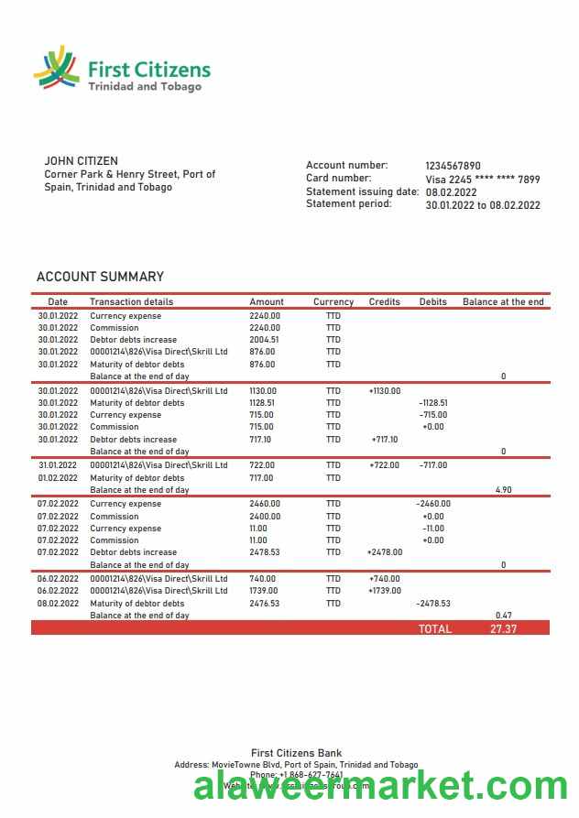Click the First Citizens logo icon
pyautogui.click(x=56, y=70)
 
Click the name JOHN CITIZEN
pyautogui.click(x=82, y=161)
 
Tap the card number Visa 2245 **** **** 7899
pyautogui.click(x=482, y=180)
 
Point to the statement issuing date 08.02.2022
pyautogui.click(x=451, y=192)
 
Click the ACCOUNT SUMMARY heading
pyautogui.click(x=100, y=277)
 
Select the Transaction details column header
pyautogui.click(x=131, y=301)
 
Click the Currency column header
pyautogui.click(x=333, y=301)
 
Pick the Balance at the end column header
pyautogui.click(x=503, y=301)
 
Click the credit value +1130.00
pyautogui.click(x=385, y=391)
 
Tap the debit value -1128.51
pyautogui.click(x=432, y=403)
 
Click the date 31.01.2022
pyautogui.click(x=58, y=465)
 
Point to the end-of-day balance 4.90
pyautogui.click(x=503, y=490)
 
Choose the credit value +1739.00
pyautogui.click(x=385, y=591)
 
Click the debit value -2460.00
pyautogui.click(x=432, y=504)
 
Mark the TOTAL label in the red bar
pyautogui.click(x=435, y=629)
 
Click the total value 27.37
pyautogui.click(x=504, y=629)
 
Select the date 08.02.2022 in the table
pyautogui.click(x=58, y=604)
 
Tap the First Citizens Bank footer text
pyautogui.click(x=296, y=753)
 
